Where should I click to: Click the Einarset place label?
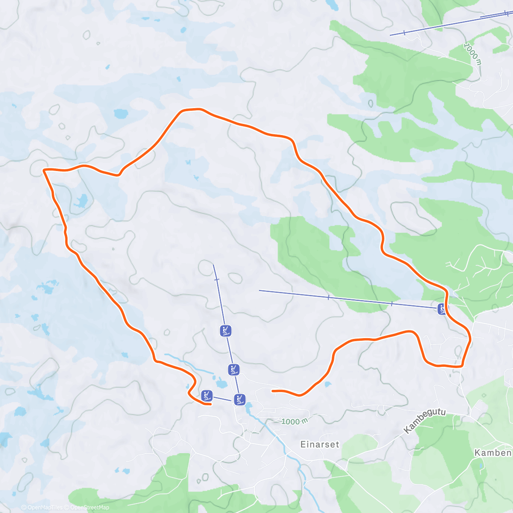pyautogui.click(x=320, y=444)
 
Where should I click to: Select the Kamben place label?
pyautogui.click(x=493, y=453)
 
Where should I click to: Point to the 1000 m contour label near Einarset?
pyautogui.click(x=295, y=422)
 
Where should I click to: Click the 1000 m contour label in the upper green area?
pyautogui.click(x=473, y=53)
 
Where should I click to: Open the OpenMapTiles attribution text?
pyautogui.click(x=45, y=507)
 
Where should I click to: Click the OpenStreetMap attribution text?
pyautogui.click(x=89, y=507)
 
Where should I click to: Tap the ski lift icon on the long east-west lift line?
pyautogui.click(x=442, y=309)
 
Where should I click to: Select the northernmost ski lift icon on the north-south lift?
pyautogui.click(x=226, y=330)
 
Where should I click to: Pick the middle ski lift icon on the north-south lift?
pyautogui.click(x=233, y=370)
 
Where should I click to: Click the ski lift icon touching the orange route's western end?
pyautogui.click(x=207, y=395)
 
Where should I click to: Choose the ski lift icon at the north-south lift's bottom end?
pyautogui.click(x=239, y=400)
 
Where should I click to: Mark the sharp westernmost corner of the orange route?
pyautogui.click(x=44, y=170)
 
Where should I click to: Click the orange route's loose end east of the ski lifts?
pyautogui.click(x=273, y=391)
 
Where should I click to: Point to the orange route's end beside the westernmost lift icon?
pyautogui.click(x=211, y=404)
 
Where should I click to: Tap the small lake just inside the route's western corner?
pyautogui.click(x=80, y=200)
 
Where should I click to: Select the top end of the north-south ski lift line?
pyautogui.click(x=213, y=265)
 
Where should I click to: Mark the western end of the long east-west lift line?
pyautogui.click(x=259, y=291)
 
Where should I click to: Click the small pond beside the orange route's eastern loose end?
pyautogui.click(x=327, y=384)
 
